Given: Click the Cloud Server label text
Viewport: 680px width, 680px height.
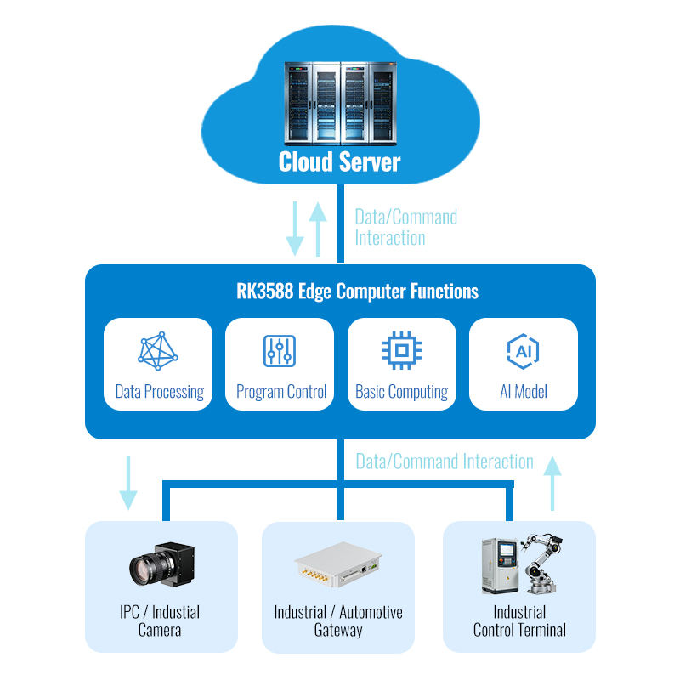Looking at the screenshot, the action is pyautogui.click(x=339, y=161).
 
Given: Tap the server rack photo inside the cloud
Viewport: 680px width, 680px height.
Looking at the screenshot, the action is pyautogui.click(x=341, y=103).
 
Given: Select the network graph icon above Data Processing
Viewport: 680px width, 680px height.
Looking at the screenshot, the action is pyautogui.click(x=158, y=351).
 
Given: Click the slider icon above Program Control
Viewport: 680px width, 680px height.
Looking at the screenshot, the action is pyautogui.click(x=280, y=351).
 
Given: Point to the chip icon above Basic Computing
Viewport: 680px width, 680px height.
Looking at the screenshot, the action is pyautogui.click(x=401, y=350).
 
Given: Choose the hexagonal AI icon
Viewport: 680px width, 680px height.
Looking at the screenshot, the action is pyautogui.click(x=523, y=351).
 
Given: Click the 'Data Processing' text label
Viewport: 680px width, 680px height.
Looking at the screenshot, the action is pyautogui.click(x=160, y=392).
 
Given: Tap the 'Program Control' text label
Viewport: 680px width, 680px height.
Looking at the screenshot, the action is pyautogui.click(x=281, y=392).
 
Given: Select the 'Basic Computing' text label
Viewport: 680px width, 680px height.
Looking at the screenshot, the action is pyautogui.click(x=401, y=392).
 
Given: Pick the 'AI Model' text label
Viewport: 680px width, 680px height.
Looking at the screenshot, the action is pyautogui.click(x=524, y=392).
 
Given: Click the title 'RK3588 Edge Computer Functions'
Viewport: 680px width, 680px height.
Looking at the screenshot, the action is pyautogui.click(x=357, y=292).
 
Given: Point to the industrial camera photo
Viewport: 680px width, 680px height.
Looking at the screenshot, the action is pyautogui.click(x=161, y=564).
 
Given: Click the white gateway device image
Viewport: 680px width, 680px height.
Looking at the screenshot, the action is pyautogui.click(x=337, y=564).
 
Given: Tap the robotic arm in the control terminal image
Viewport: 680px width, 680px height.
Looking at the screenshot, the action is pyautogui.click(x=541, y=564).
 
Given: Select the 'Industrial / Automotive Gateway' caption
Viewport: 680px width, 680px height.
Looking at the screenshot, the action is pyautogui.click(x=338, y=621).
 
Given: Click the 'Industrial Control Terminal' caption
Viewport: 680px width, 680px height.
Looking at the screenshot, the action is pyautogui.click(x=519, y=621).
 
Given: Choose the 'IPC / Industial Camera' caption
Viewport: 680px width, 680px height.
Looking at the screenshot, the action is pyautogui.click(x=160, y=621).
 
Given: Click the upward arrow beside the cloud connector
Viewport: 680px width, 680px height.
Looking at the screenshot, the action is pyautogui.click(x=318, y=229).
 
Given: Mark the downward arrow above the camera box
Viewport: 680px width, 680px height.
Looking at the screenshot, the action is pyautogui.click(x=128, y=483).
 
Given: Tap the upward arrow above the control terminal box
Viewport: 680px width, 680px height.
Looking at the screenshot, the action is pyautogui.click(x=552, y=483).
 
